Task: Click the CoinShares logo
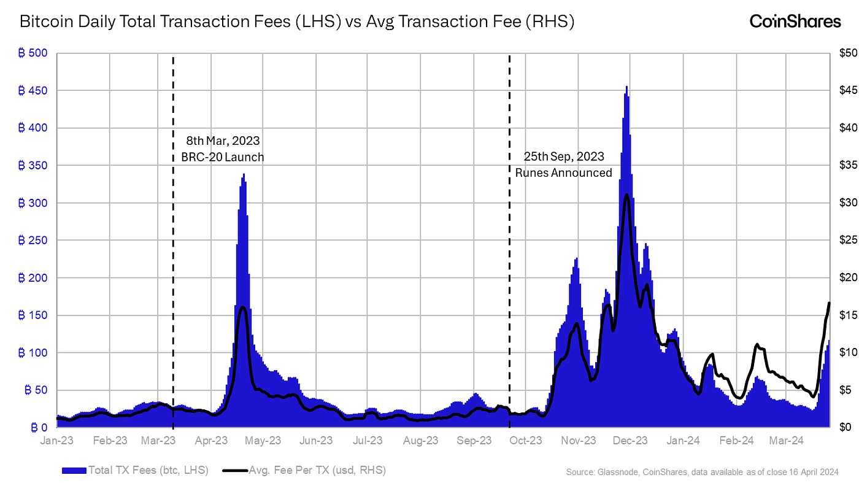tap(795, 21)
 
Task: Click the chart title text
tap(297, 22)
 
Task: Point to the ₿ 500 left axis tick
tap(33, 53)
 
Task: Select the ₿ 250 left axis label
tap(33, 241)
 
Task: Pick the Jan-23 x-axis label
tap(56, 441)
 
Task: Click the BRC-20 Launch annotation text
tap(222, 157)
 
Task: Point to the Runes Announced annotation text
tap(563, 172)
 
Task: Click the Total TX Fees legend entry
tap(135, 471)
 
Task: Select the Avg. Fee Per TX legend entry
tap(304, 471)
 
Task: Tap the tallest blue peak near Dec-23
tap(626, 87)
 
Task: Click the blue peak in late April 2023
tap(244, 175)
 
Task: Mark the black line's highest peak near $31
tap(626, 195)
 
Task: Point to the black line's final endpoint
tap(829, 303)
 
